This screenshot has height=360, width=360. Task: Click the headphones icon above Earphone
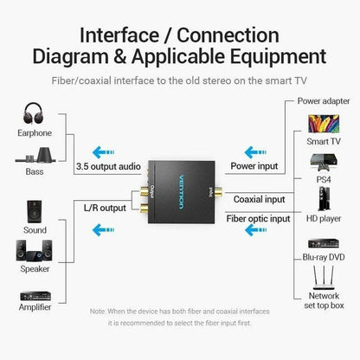point(35,113)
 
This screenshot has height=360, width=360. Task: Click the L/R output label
point(104,207)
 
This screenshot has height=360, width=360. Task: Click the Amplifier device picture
point(35,292)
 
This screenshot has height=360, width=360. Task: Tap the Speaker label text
point(35,270)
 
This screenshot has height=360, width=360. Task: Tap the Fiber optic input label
point(260,219)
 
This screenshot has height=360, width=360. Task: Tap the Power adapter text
point(325,100)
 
